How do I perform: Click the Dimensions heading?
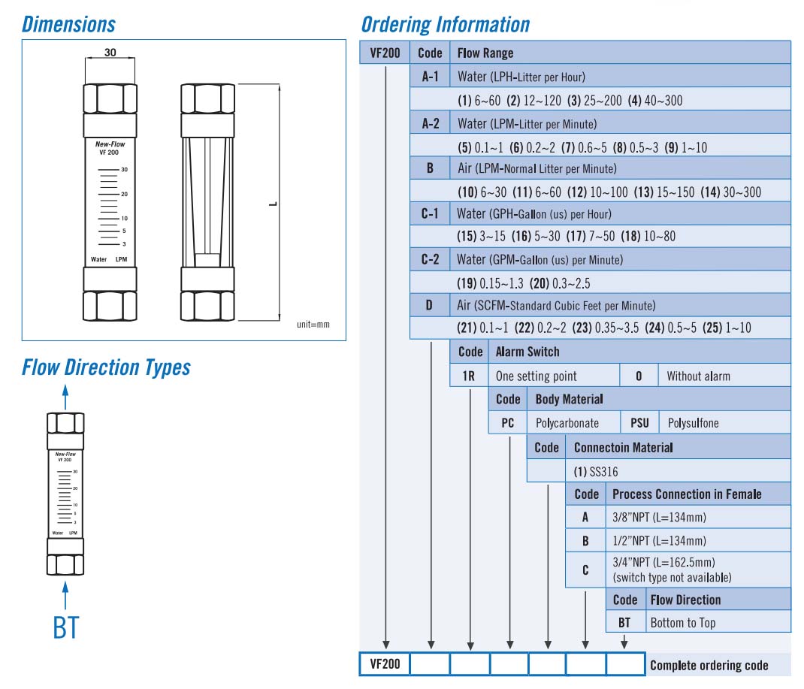tap(69, 24)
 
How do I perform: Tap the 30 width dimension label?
tap(110, 53)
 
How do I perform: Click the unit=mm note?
tap(313, 325)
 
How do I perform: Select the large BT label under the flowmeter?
tap(66, 627)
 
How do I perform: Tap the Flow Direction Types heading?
tap(106, 367)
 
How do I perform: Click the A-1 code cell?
tap(430, 77)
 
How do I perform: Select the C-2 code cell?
tap(430, 260)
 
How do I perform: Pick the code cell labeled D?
tap(430, 305)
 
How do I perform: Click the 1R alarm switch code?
tap(468, 376)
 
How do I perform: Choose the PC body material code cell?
tap(507, 422)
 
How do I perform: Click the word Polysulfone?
tap(693, 423)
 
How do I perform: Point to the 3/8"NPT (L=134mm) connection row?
tap(659, 517)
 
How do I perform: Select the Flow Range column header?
tap(485, 53)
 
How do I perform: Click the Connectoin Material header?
tap(623, 448)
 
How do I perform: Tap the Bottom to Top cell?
tap(682, 622)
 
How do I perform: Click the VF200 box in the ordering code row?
tap(385, 664)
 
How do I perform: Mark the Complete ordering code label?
tap(709, 665)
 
